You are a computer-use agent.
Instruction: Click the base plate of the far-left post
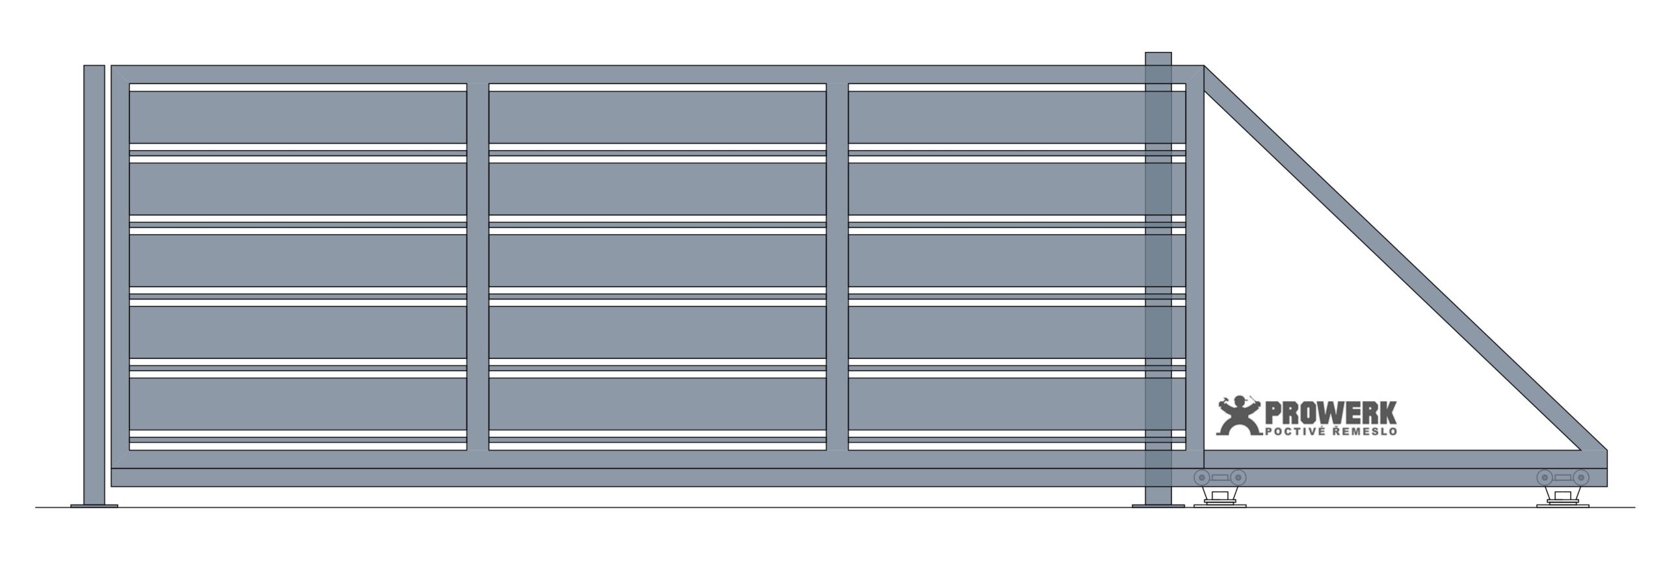[94, 505]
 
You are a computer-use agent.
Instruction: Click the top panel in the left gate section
[298, 117]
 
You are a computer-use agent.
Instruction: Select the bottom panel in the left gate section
[298, 404]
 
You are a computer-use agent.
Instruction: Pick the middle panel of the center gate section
[658, 260]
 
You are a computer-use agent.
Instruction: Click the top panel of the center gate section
[658, 117]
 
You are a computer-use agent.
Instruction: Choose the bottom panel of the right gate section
[1017, 404]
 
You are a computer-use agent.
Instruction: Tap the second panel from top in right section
[1017, 188]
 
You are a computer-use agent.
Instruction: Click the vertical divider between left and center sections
[478, 266]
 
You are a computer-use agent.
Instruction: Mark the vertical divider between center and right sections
[838, 266]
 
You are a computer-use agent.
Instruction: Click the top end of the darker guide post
[1158, 53]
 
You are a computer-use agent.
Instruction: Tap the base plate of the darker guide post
[1158, 505]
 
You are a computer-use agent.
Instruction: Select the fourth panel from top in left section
[298, 331]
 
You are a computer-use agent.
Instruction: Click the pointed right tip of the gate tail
[1607, 468]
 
